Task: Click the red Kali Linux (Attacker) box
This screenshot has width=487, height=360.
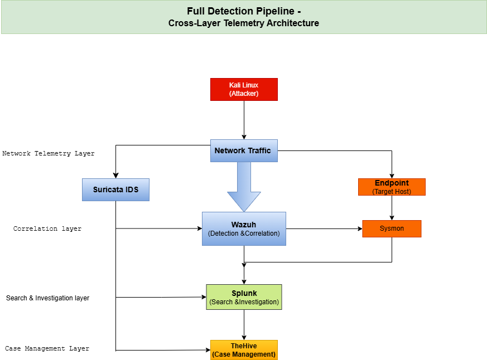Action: tap(244, 89)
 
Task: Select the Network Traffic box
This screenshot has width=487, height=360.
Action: tap(244, 150)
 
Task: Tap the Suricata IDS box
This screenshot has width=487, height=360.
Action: tap(115, 189)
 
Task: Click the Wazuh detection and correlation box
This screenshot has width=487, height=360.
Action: tap(244, 228)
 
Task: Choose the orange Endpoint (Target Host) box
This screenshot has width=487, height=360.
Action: tap(392, 187)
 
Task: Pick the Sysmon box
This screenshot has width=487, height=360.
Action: tap(392, 228)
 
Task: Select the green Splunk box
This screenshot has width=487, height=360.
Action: tap(244, 298)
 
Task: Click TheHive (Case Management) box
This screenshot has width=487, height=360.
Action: tap(244, 350)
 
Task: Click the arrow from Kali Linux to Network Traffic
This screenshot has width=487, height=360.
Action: tap(244, 120)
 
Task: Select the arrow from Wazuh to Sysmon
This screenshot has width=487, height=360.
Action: tap(324, 228)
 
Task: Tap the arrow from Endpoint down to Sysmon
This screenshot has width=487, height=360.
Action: tap(392, 208)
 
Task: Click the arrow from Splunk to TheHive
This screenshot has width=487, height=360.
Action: tap(244, 325)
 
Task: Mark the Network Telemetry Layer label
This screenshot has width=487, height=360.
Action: tap(49, 153)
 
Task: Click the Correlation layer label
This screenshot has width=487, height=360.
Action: tap(47, 228)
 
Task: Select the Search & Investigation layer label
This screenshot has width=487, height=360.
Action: tap(47, 298)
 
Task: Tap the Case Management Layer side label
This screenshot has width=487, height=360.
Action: tap(47, 348)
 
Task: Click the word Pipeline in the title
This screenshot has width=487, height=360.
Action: tap(272, 11)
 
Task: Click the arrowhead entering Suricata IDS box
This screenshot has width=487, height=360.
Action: tap(115, 175)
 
